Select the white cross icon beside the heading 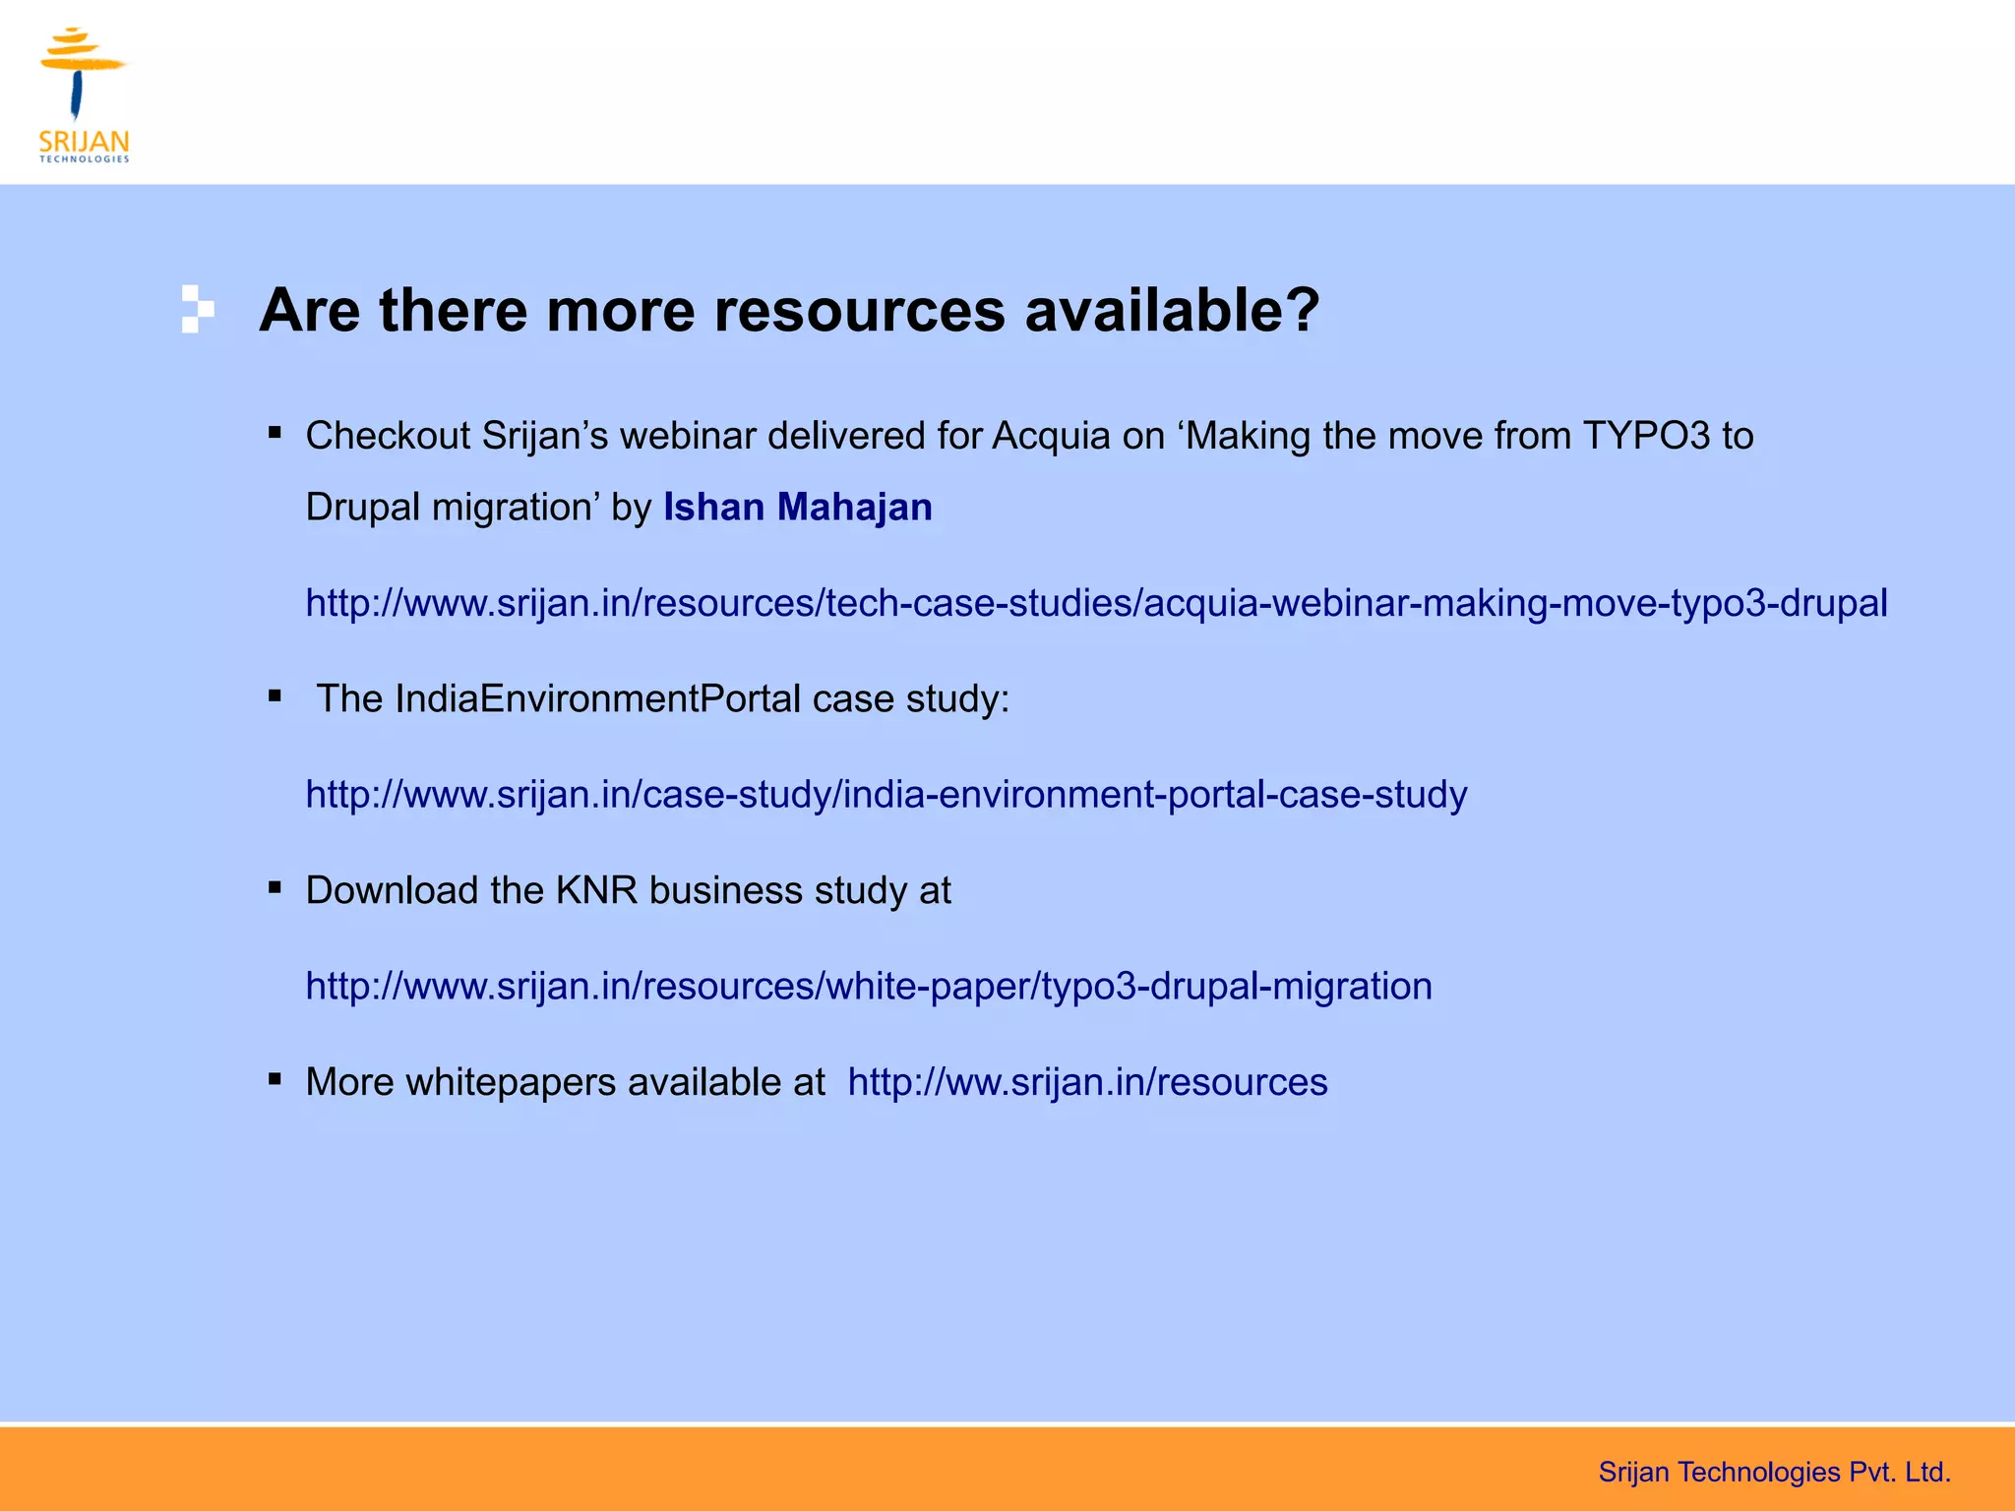(x=197, y=309)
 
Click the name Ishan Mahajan (x=797, y=508)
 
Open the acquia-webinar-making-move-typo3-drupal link (x=1096, y=603)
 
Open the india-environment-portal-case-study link (x=885, y=795)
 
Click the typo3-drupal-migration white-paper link (x=869, y=987)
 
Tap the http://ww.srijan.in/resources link (x=1087, y=1082)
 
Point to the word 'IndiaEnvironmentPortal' (x=598, y=699)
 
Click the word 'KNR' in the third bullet (x=596, y=891)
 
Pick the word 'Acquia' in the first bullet (x=1051, y=437)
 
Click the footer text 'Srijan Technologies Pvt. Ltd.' (x=1774, y=1473)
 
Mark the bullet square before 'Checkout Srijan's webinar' (x=275, y=432)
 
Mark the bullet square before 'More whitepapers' (x=275, y=1079)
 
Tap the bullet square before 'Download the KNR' (x=275, y=887)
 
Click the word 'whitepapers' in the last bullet (x=511, y=1082)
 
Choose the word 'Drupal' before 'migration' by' (x=363, y=508)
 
